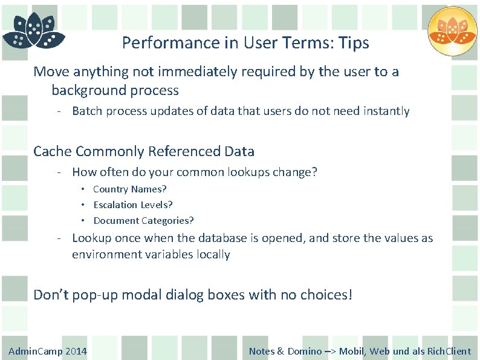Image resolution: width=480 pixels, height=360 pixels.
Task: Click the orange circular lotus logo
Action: click(452, 31)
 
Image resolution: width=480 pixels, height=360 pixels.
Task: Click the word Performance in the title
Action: click(158, 44)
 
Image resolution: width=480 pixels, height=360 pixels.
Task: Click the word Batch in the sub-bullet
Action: click(86, 111)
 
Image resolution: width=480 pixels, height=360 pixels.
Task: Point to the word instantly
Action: click(386, 111)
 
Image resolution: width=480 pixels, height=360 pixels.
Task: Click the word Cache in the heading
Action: click(53, 151)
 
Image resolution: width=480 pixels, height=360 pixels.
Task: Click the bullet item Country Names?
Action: click(129, 189)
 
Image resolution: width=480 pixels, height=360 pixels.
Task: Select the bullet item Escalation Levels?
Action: click(132, 205)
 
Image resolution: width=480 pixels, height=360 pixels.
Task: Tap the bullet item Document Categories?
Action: click(143, 221)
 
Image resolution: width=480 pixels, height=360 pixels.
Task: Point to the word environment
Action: click(106, 255)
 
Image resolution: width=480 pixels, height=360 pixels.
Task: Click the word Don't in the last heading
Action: click(51, 295)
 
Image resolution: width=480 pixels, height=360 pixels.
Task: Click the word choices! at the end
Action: click(326, 295)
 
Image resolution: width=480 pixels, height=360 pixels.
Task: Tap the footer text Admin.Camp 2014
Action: click(48, 352)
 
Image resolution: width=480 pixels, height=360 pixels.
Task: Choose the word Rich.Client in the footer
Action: click(449, 352)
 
